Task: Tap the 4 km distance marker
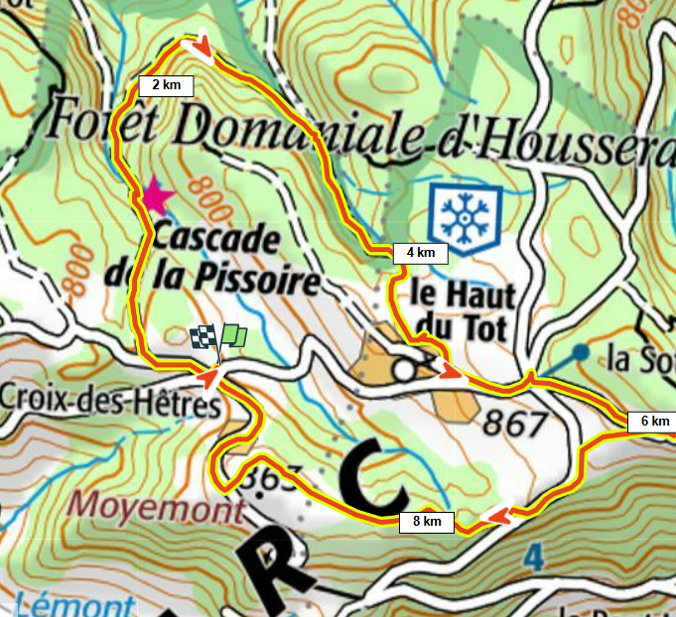pos(421,252)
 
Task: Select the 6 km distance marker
pos(654,422)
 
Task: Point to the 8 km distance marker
pos(427,521)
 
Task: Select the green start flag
pos(234,335)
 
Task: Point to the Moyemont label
pos(157,510)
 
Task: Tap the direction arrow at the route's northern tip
pos(201,46)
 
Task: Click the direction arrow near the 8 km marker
pos(499,514)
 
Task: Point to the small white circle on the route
pos(403,370)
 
